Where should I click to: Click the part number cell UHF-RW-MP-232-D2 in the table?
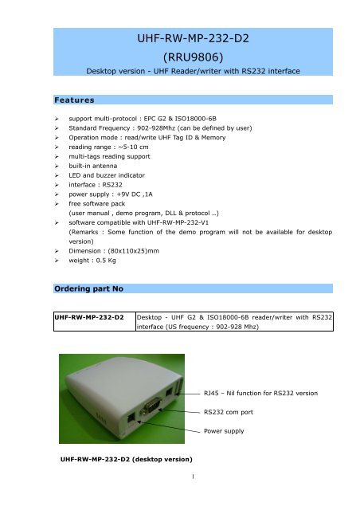pos(88,316)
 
